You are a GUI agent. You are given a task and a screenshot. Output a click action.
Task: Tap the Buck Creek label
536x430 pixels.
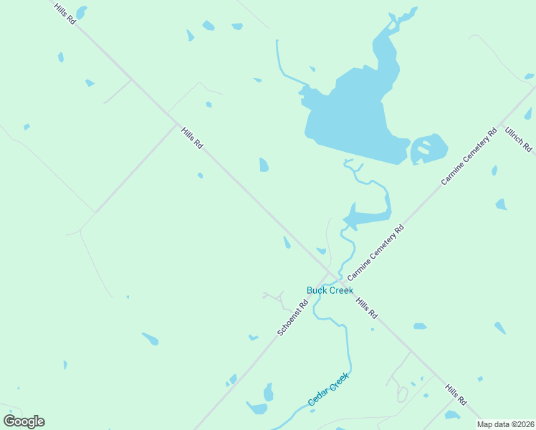pyautogui.click(x=330, y=290)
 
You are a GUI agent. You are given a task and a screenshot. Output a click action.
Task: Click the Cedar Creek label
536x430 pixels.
pyautogui.click(x=328, y=390)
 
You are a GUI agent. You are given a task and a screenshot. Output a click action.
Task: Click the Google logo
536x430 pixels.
pyautogui.click(x=24, y=421)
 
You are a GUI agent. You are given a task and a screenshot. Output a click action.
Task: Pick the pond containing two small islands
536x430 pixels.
pyautogui.click(x=429, y=149)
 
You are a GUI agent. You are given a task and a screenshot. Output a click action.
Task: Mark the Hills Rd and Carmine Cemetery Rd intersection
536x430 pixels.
pyautogui.click(x=334, y=273)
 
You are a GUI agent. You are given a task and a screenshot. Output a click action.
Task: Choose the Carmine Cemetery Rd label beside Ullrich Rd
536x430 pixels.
pyautogui.click(x=469, y=157)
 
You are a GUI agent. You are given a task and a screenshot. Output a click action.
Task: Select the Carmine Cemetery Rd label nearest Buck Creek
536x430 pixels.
pyautogui.click(x=376, y=252)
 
